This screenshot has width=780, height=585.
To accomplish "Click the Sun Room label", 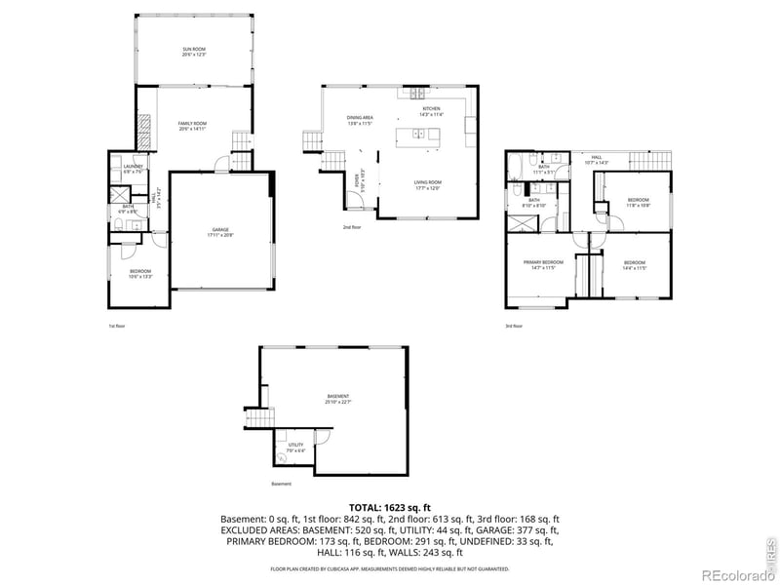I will (x=192, y=51).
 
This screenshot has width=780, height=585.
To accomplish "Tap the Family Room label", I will (x=192, y=125).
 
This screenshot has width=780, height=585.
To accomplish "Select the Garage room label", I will (x=221, y=232).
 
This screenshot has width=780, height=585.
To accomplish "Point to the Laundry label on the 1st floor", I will (x=134, y=168).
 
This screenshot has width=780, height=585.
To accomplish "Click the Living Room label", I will (x=429, y=185).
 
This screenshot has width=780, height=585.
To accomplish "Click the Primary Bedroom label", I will (x=544, y=263).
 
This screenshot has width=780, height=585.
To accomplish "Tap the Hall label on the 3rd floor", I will (x=596, y=159).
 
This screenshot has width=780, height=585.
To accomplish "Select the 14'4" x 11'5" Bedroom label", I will (x=635, y=263).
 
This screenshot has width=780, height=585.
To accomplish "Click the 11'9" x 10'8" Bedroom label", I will (x=638, y=202).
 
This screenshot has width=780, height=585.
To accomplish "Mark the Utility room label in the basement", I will (x=295, y=448).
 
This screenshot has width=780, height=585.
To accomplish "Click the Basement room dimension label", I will (x=338, y=400).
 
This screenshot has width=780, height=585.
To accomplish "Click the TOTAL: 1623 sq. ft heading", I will (x=390, y=508).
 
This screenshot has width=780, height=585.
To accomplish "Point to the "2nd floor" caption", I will (x=352, y=226).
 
